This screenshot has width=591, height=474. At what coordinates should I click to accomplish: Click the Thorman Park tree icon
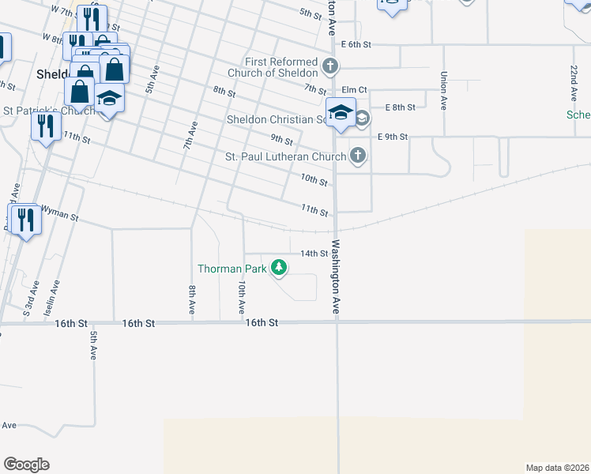tap(278, 269)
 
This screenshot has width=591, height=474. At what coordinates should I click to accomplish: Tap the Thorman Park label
tap(231, 269)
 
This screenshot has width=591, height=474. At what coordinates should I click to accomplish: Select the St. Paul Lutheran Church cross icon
tap(358, 156)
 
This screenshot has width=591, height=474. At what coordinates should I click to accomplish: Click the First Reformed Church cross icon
tap(331, 65)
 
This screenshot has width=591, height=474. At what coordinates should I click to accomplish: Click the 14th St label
tap(314, 254)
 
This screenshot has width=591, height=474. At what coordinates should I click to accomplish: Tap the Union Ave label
tap(444, 91)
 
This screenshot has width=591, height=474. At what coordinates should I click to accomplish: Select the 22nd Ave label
tap(573, 84)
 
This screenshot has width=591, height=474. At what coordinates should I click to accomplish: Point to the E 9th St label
tap(392, 137)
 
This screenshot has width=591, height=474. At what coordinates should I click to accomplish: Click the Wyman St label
tap(60, 214)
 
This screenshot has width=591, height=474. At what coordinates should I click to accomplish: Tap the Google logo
tap(26, 464)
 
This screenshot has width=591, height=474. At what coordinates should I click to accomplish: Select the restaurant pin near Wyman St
tap(27, 220)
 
